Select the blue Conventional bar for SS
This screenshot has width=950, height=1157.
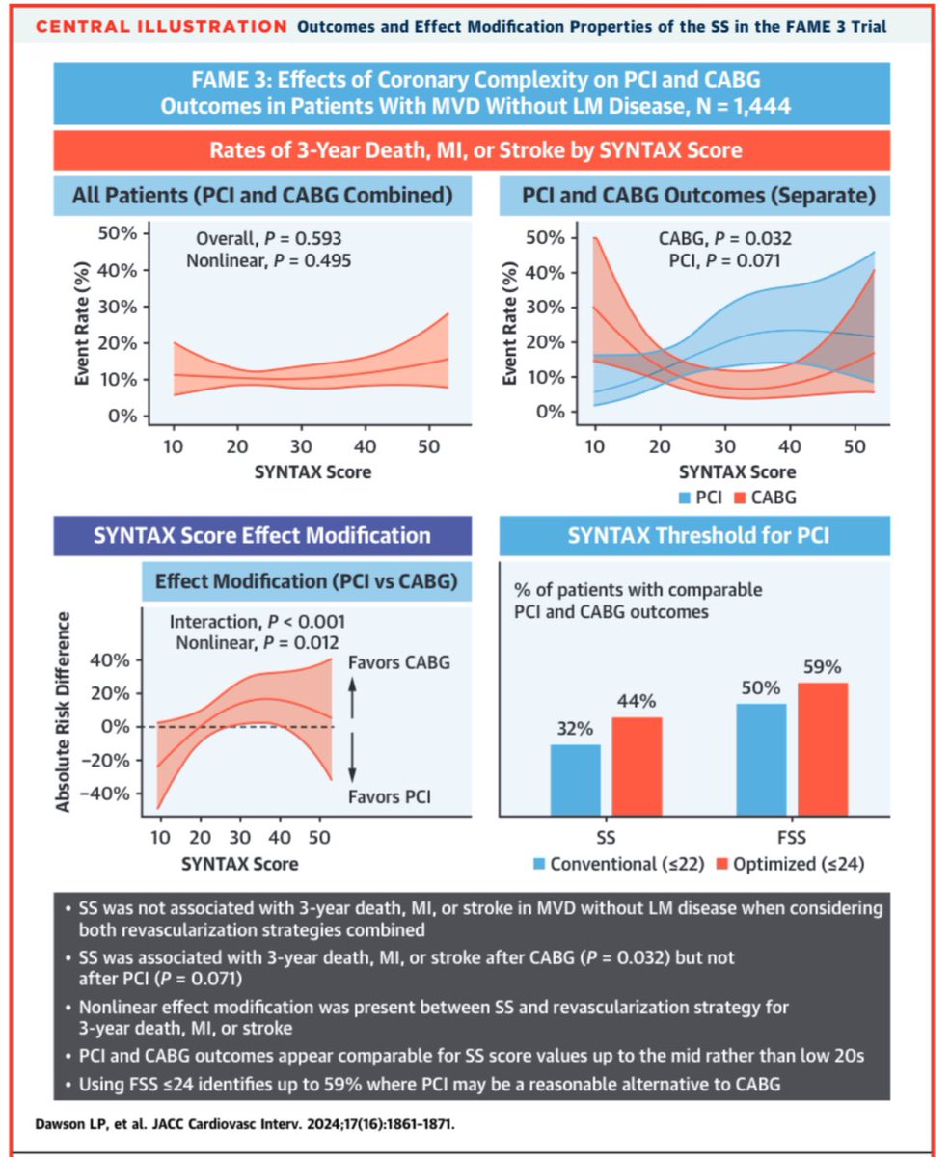[576, 785]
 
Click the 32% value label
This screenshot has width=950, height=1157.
[576, 730]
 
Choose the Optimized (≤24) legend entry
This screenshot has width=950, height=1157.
[790, 863]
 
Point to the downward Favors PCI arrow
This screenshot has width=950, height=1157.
[353, 763]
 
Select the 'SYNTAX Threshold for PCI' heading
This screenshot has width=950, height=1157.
[694, 535]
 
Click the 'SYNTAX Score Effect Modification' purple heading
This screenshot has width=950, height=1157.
[262, 535]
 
